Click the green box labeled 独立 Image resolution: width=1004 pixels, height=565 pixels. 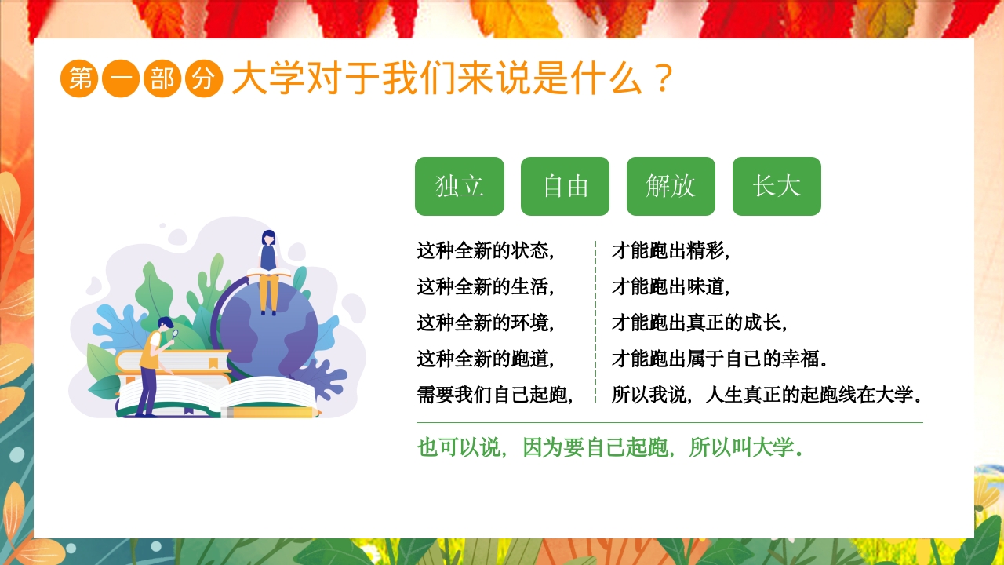[459, 186]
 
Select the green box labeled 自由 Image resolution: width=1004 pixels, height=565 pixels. [565, 186]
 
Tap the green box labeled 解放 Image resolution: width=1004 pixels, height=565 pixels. [671, 186]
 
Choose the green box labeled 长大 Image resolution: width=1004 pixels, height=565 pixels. [777, 186]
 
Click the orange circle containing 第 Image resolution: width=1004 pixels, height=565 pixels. [79, 78]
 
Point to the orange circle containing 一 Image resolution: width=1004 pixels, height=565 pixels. [121, 78]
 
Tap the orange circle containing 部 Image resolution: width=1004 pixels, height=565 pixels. [162, 78]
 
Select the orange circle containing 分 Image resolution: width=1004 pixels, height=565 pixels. [204, 78]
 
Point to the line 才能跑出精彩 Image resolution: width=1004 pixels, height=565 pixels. [671, 251]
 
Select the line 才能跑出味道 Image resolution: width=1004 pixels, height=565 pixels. [671, 287]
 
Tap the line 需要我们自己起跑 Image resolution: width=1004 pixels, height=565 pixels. [495, 395]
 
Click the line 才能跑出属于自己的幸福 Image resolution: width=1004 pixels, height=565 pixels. [719, 359]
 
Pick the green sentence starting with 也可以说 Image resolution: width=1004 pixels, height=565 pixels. [610, 448]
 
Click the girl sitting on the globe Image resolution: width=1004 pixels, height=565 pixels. [268, 271]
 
